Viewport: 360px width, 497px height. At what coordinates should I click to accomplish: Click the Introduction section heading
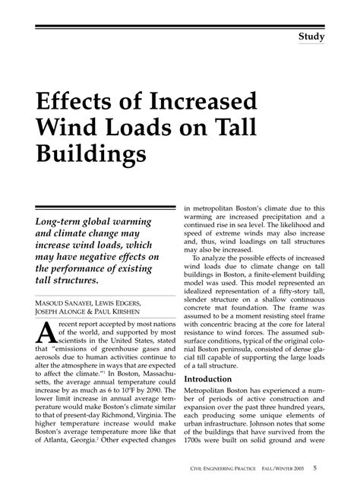(215, 400)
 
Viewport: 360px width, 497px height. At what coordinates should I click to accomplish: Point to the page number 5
(336, 467)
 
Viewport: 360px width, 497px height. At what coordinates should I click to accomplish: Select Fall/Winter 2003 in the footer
(305, 468)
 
